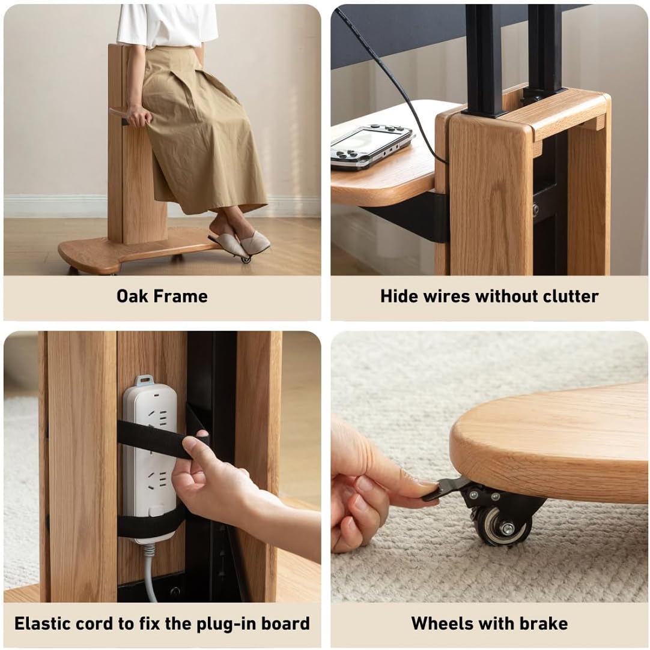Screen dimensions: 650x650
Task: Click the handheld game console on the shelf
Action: [372, 145]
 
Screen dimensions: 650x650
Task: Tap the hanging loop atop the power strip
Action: [144, 379]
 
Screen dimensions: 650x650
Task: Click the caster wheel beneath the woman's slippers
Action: [246, 259]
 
